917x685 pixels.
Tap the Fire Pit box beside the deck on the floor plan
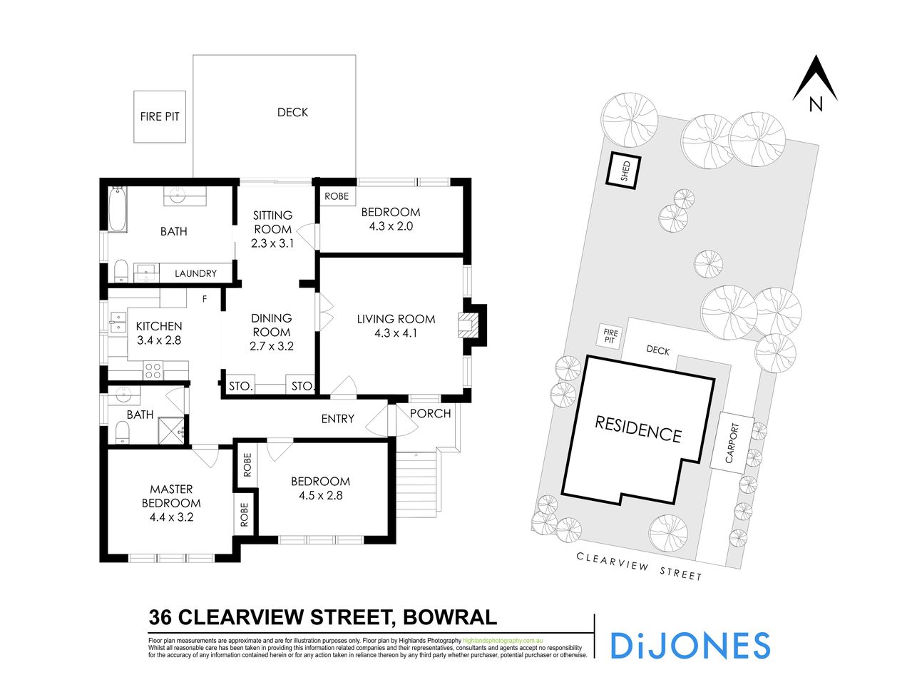point(160,116)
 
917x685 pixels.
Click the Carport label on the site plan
point(730,442)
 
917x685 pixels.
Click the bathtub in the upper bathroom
point(118,208)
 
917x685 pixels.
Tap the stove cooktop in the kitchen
point(153,370)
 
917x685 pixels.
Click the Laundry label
point(195,273)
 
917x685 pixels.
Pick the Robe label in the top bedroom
point(337,196)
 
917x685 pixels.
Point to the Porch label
point(431,413)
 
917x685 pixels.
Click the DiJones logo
point(690,645)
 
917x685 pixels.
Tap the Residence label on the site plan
point(637,428)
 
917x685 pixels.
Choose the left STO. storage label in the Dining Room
point(241,386)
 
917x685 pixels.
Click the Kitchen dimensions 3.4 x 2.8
point(159,340)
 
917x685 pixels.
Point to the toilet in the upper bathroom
point(121,270)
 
